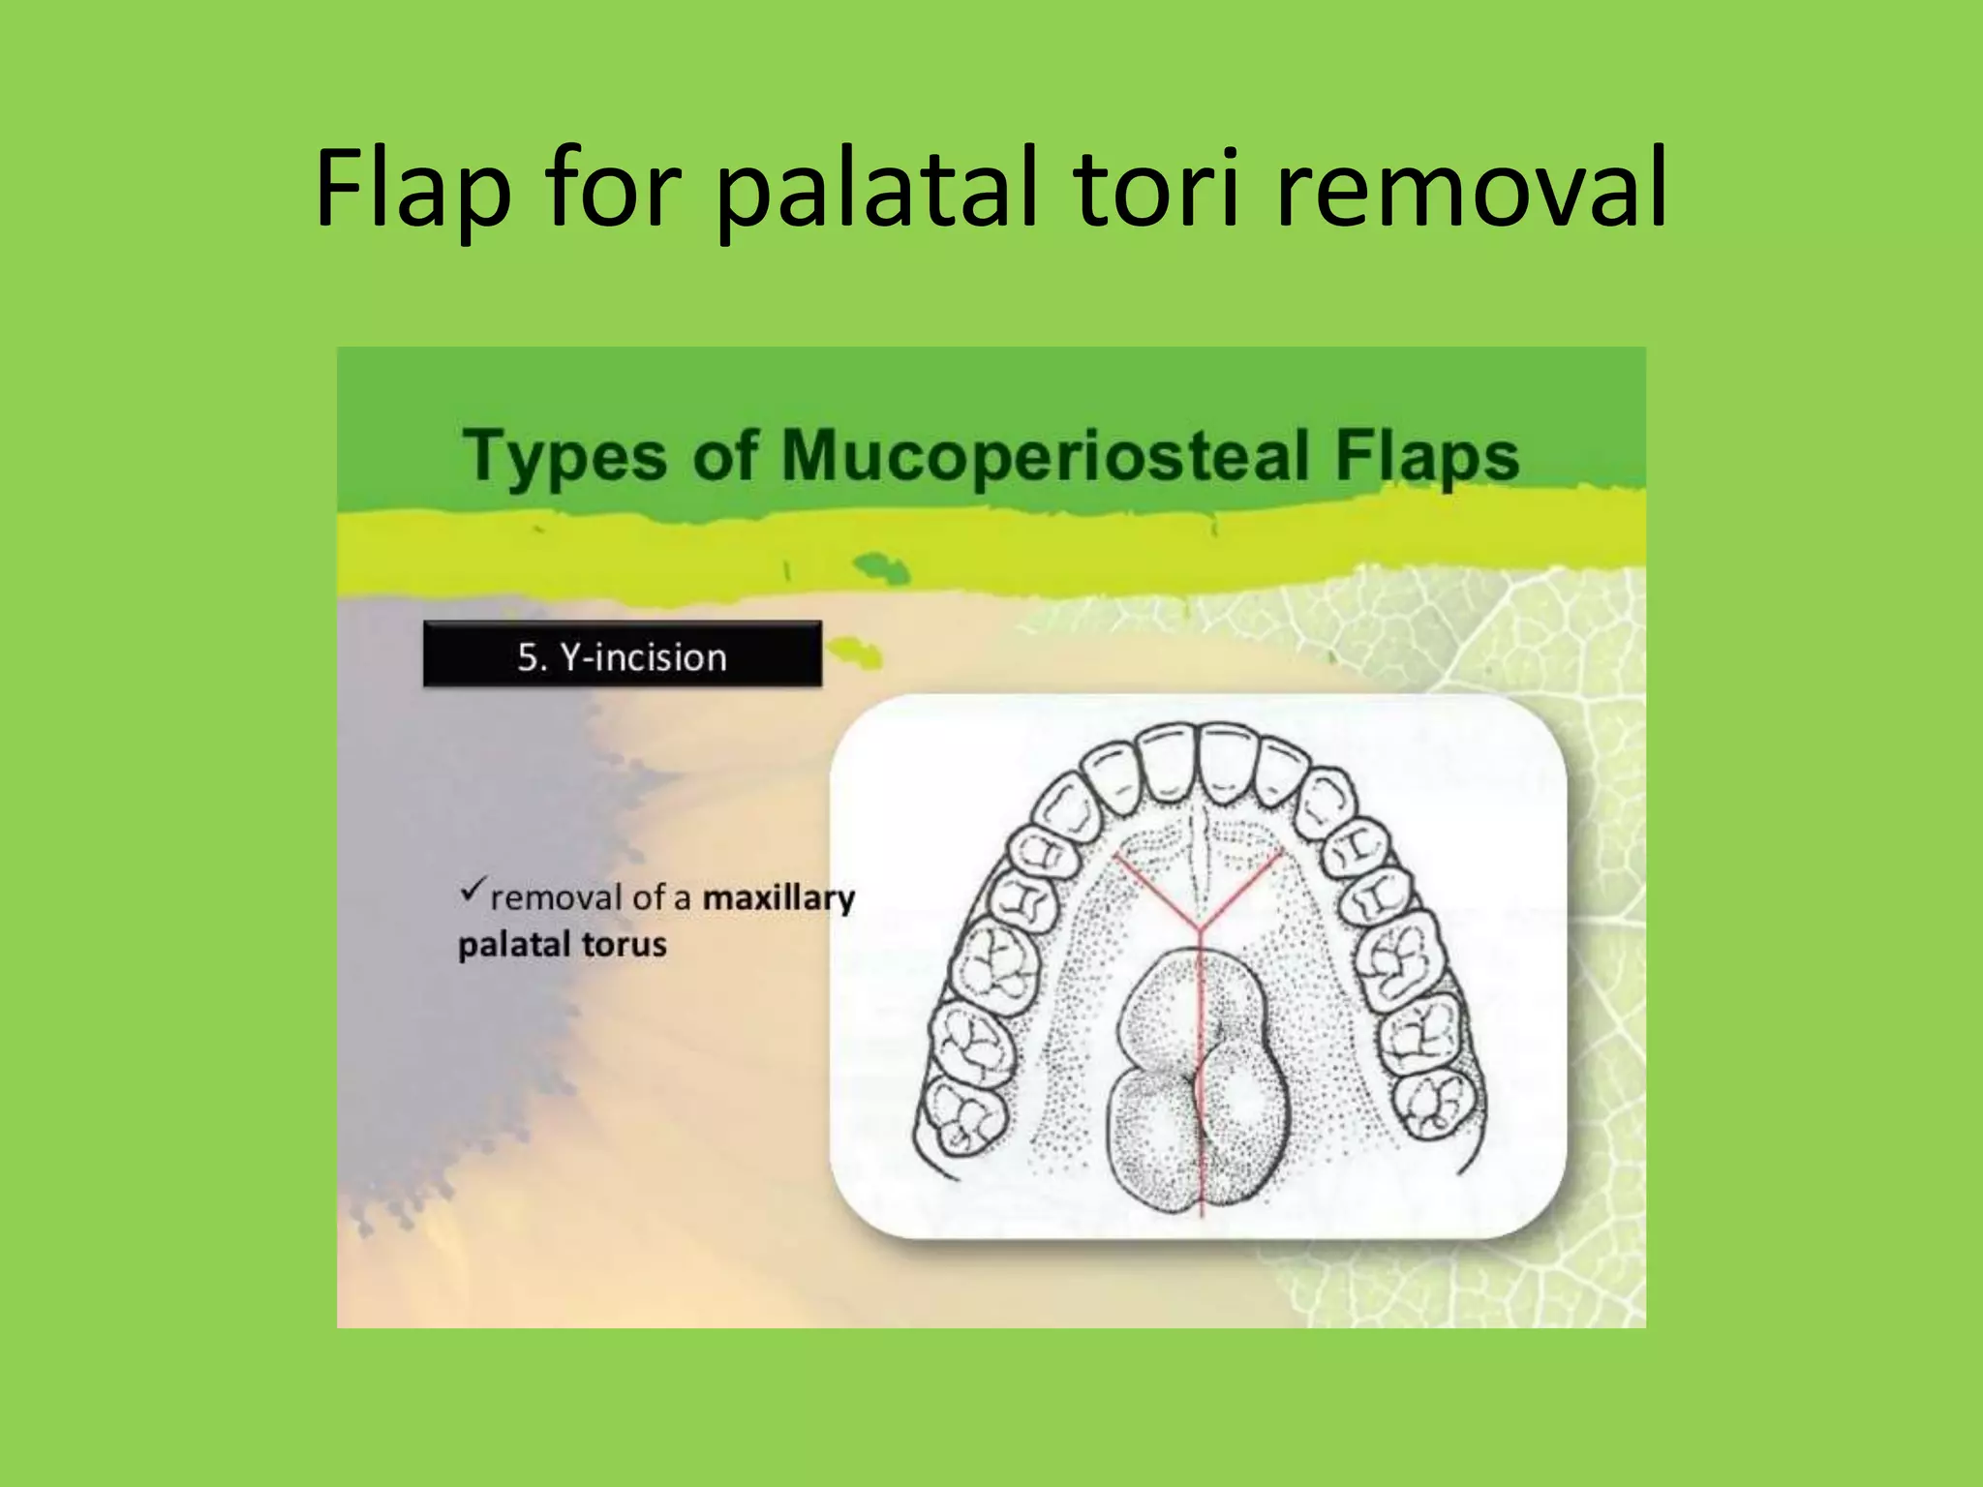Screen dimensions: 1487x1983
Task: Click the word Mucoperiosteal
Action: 1046,456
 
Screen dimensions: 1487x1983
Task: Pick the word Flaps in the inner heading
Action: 1427,456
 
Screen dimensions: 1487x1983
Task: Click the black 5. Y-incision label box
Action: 622,655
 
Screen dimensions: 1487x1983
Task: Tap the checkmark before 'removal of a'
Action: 472,890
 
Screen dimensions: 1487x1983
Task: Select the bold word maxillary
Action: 778,898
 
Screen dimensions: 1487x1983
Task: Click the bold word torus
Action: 624,944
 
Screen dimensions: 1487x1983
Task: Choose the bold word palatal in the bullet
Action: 514,945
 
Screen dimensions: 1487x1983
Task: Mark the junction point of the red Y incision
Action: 1201,930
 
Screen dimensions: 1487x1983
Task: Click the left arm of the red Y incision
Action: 1157,892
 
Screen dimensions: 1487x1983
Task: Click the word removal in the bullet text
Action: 556,898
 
